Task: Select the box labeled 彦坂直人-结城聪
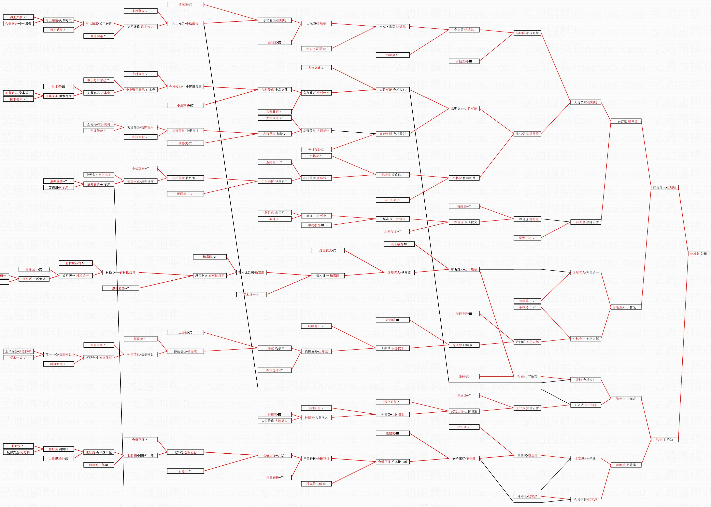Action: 664,188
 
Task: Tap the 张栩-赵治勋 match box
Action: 664,440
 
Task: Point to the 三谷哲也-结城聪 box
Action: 626,121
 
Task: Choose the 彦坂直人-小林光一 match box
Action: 626,307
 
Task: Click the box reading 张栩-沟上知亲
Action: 626,399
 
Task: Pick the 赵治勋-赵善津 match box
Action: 626,465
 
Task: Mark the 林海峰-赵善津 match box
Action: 527,496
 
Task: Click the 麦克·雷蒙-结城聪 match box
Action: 392,27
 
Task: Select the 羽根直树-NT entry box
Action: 464,61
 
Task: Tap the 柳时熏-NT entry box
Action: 464,206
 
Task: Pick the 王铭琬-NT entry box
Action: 392,433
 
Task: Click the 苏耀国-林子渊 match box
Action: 58,188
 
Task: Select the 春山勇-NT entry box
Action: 392,55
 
